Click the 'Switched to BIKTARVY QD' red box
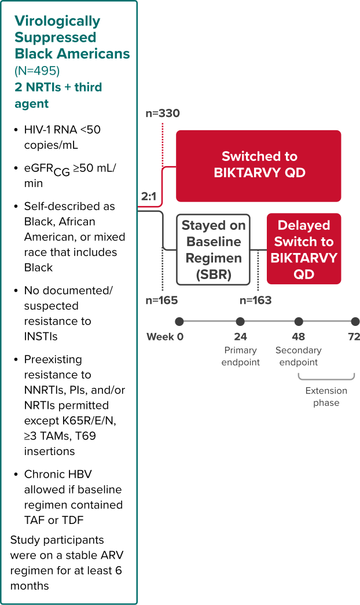258,165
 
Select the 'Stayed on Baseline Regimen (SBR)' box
213,250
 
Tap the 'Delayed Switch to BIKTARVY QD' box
304,249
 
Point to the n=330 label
162,113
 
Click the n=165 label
161,300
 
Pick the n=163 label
255,300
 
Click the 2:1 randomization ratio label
148,197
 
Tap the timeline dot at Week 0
179,321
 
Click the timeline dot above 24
240,321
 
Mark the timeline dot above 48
299,321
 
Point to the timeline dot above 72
355,321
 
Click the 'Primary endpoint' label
240,357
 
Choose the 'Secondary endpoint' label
299,357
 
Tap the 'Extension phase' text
326,397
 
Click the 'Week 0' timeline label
164,337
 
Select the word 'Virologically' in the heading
57,21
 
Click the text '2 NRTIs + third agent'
58,96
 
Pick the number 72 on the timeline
354,337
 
